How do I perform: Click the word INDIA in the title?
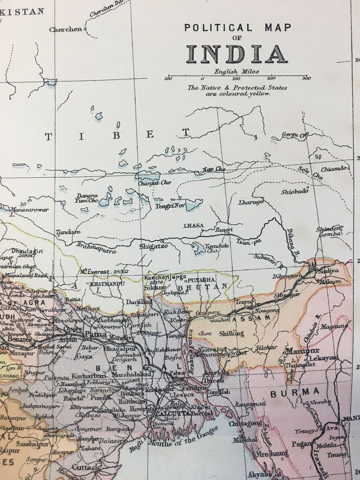236,54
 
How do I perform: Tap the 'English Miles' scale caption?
236,71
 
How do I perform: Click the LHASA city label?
193,225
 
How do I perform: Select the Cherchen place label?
66,29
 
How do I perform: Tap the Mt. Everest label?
104,272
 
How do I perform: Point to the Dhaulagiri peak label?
26,250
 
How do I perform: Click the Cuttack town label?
86,467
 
